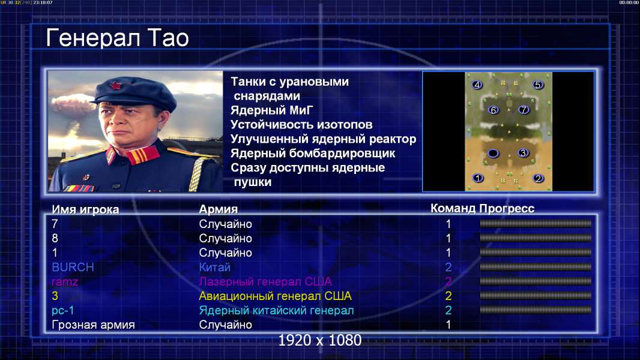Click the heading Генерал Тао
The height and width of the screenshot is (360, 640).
[117, 38]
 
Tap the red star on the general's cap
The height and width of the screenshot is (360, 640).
[116, 85]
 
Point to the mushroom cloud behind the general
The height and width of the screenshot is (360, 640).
[73, 104]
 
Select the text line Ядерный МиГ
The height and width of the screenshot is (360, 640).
[272, 110]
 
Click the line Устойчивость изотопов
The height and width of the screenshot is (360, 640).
[301, 125]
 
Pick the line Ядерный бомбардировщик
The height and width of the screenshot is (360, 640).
[313, 153]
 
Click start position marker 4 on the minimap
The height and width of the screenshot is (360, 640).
[477, 85]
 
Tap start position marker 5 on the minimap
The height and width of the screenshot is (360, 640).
[537, 85]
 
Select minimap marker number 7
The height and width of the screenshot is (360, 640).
[524, 110]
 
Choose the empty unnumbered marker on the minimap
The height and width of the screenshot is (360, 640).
[493, 153]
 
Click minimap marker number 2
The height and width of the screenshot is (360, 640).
[538, 178]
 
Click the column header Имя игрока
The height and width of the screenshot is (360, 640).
[85, 209]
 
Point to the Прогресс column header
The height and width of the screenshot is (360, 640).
[507, 209]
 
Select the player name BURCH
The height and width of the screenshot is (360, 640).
[73, 268]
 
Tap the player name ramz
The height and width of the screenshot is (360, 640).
[64, 282]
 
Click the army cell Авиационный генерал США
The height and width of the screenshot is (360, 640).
[275, 296]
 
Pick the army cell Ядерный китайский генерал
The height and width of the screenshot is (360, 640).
[276, 311]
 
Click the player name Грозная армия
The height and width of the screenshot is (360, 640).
[93, 325]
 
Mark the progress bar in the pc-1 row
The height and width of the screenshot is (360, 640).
[536, 310]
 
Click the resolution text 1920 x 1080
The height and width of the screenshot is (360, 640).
[319, 340]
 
